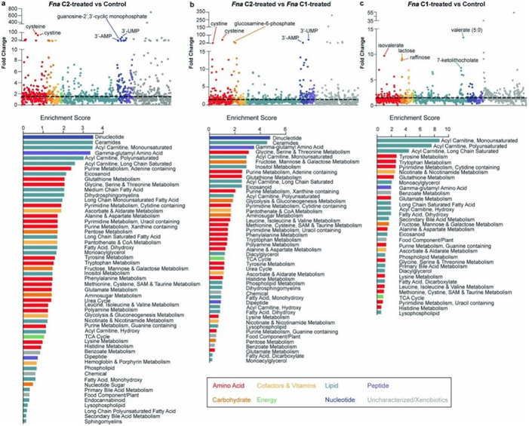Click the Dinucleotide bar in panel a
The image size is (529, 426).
pos(58,135)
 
